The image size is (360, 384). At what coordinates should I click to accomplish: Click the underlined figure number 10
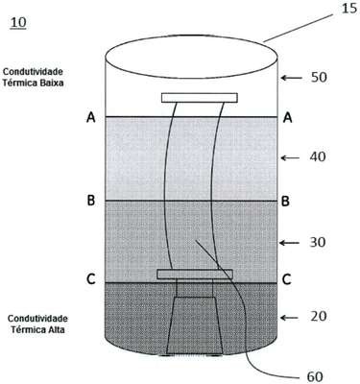[18, 23]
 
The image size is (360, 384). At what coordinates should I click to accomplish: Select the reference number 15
[349, 9]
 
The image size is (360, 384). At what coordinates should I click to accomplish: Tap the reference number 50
[319, 78]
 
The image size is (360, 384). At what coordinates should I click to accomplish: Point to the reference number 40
[318, 156]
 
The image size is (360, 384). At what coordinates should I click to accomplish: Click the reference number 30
[318, 243]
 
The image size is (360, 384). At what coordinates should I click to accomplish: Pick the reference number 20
[318, 317]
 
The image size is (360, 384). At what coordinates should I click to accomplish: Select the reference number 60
[315, 377]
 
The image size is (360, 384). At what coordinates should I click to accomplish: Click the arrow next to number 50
[291, 78]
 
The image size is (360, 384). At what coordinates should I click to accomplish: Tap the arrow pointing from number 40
[290, 157]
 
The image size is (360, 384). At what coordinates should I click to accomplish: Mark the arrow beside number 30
[290, 243]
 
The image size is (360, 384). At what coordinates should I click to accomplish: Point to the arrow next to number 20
[291, 318]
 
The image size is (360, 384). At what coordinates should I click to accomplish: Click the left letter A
[91, 118]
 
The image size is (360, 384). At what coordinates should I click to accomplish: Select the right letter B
[285, 202]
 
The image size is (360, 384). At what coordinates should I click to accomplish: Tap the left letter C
[91, 279]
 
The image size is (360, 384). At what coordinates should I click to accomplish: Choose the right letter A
[288, 118]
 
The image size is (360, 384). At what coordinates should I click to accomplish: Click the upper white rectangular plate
[200, 98]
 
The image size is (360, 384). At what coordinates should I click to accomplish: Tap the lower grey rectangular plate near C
[195, 274]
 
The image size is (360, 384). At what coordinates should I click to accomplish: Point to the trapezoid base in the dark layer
[195, 325]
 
